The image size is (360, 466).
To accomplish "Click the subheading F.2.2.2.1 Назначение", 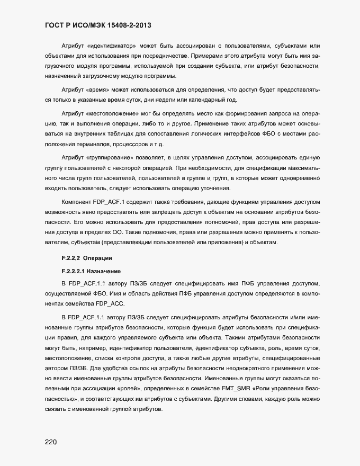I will pos(92,271).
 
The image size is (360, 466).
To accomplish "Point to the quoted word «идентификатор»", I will pos(114,46).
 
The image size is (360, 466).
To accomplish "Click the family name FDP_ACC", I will pos(110,303).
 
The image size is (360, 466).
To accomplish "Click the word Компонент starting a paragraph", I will pos(76,203).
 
